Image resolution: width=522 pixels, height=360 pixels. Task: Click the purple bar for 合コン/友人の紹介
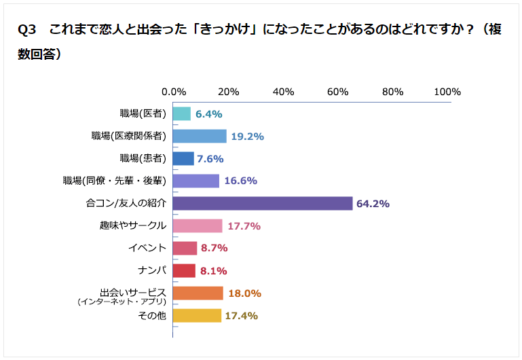point(263,203)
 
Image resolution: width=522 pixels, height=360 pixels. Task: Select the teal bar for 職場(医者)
point(181,113)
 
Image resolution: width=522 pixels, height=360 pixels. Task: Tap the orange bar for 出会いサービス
point(198,293)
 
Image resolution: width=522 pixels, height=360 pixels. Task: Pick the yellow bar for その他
point(197,315)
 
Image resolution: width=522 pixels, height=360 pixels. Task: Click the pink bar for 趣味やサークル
point(198,226)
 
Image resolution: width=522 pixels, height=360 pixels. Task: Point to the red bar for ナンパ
point(184,270)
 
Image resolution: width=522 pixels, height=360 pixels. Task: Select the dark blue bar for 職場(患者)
point(183,158)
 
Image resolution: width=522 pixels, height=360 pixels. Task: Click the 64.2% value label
point(373,203)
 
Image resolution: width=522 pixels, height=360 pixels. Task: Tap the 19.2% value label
point(247,136)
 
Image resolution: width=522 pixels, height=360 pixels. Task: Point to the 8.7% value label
point(214,248)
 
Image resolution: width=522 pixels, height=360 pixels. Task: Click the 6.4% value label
point(209,113)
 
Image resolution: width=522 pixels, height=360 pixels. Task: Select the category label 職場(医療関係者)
point(128,136)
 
